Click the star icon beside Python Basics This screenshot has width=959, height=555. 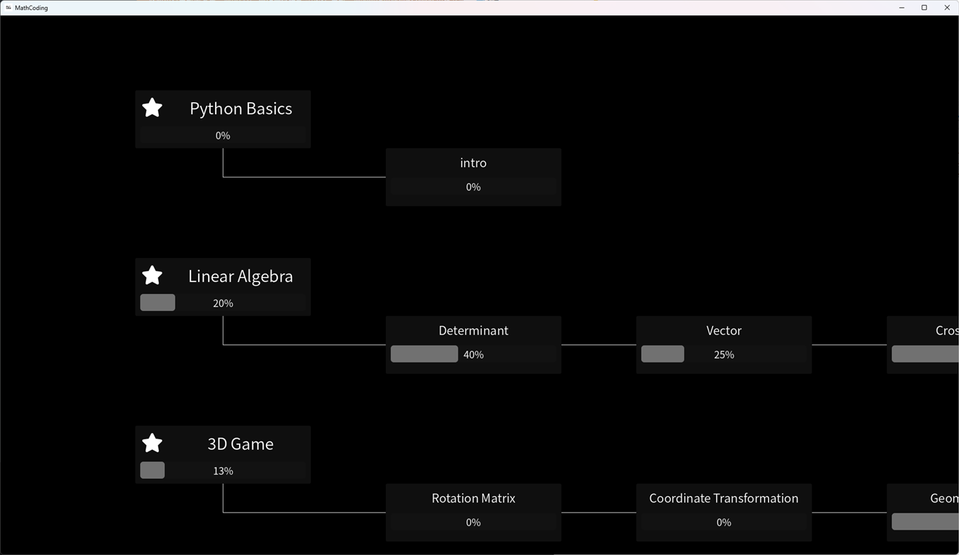click(152, 108)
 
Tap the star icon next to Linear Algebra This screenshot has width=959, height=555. click(152, 276)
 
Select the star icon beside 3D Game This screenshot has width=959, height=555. click(152, 444)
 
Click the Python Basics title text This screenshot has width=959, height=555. click(240, 109)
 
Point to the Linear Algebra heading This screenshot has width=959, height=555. click(240, 276)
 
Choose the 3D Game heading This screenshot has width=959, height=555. click(240, 444)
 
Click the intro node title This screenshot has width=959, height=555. click(473, 163)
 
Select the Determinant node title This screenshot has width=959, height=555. click(473, 331)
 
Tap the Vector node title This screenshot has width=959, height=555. click(723, 331)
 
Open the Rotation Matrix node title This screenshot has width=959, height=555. click(473, 499)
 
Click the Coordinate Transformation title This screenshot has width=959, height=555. click(723, 499)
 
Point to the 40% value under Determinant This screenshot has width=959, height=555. click(474, 355)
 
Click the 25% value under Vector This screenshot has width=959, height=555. click(724, 355)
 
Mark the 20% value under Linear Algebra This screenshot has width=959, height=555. click(223, 303)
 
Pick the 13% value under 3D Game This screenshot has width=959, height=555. click(223, 471)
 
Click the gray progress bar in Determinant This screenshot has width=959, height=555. click(424, 354)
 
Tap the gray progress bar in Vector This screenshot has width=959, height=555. click(662, 354)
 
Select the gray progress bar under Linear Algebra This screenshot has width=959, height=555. click(157, 303)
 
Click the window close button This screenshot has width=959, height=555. click(946, 8)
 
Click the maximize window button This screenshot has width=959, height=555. click(924, 8)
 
